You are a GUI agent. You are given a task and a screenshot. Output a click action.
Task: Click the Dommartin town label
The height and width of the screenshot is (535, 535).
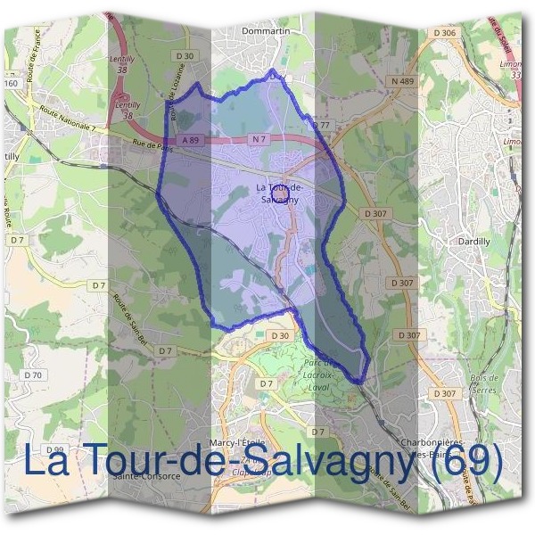pos(267,30)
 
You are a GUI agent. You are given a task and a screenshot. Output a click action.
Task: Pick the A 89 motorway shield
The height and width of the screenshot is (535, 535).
pos(190,140)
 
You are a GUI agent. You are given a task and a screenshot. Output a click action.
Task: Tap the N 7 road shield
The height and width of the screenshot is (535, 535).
pos(258,140)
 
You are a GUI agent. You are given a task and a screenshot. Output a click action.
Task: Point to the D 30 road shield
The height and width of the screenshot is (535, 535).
pos(280,335)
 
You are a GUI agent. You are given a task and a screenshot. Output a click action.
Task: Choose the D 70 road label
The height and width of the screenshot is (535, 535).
pos(33,375)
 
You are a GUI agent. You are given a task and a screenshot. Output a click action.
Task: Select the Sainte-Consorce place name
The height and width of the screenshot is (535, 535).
pos(148,475)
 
